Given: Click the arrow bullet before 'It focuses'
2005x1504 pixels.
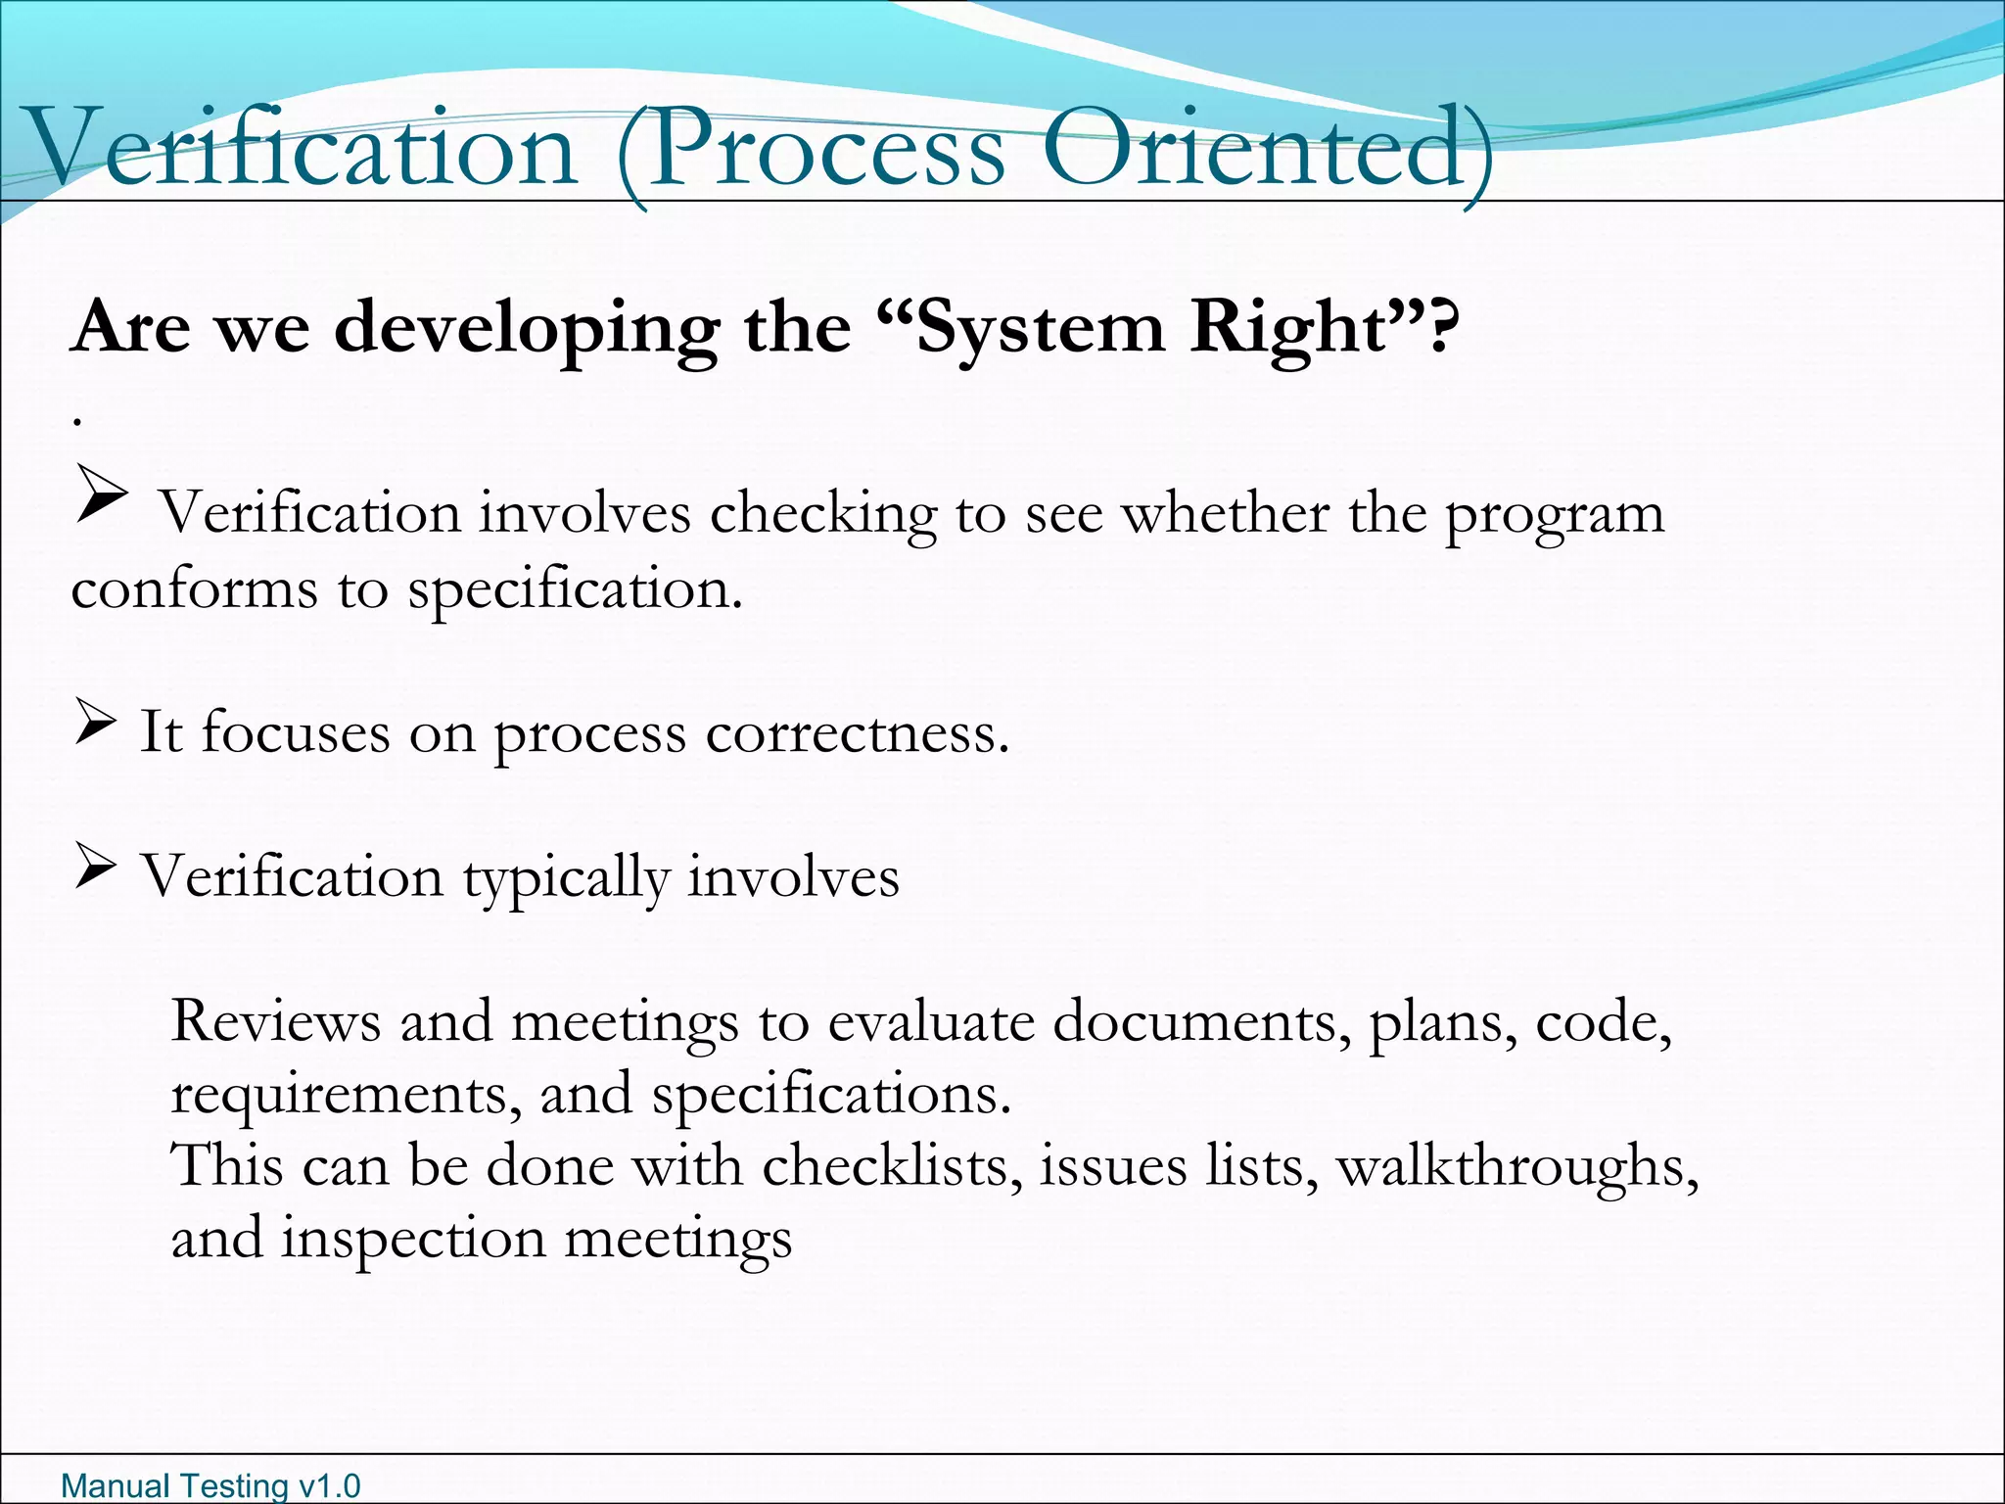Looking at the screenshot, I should point(95,726).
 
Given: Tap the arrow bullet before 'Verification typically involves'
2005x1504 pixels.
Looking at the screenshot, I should point(95,869).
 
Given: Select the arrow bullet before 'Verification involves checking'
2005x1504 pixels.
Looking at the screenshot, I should point(101,494).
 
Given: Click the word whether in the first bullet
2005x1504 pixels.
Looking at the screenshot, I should point(1225,513).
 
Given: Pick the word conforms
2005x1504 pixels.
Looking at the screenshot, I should point(194,588).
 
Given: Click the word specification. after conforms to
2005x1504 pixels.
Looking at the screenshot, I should point(575,590).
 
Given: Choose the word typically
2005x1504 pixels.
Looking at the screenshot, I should point(565,877).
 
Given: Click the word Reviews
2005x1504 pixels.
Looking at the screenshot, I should point(275,1021).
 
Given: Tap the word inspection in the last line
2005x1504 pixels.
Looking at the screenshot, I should point(413,1240).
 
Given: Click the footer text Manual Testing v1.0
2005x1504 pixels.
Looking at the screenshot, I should point(210,1485).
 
